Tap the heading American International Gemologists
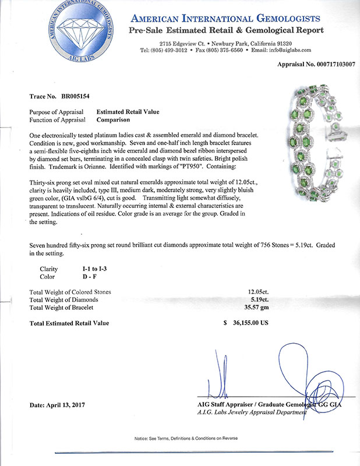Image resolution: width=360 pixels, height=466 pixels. [x=243, y=18]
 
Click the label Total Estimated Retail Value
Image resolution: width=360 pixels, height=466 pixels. [x=68, y=323]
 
